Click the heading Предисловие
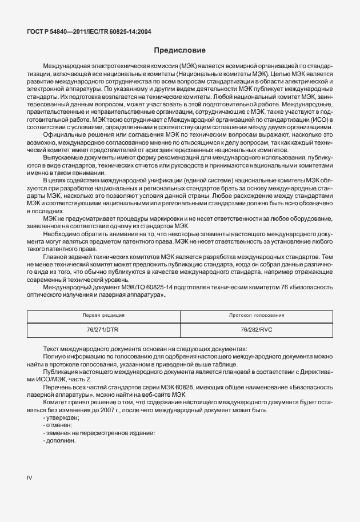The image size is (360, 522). coord(179,50)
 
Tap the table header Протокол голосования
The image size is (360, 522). coord(257,315)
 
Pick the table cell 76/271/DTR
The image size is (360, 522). coord(103,330)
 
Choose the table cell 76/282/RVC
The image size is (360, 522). coord(257,330)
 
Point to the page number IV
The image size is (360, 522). coord(30,476)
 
